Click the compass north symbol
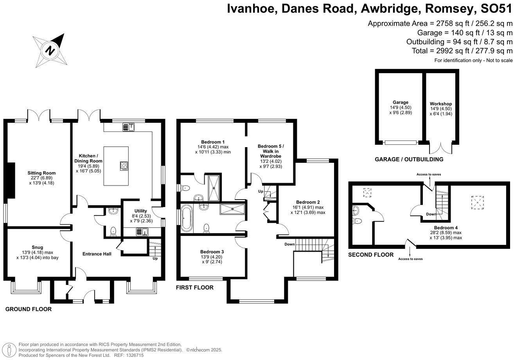50,50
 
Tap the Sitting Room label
41,173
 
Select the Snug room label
38,247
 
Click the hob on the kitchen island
124,166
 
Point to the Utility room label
141,211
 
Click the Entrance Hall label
97,254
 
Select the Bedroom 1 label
213,142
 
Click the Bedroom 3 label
212,252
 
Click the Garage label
401,102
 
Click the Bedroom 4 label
446,227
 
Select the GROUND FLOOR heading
29,309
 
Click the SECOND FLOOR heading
371,255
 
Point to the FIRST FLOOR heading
194,288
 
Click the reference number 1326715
134,355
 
